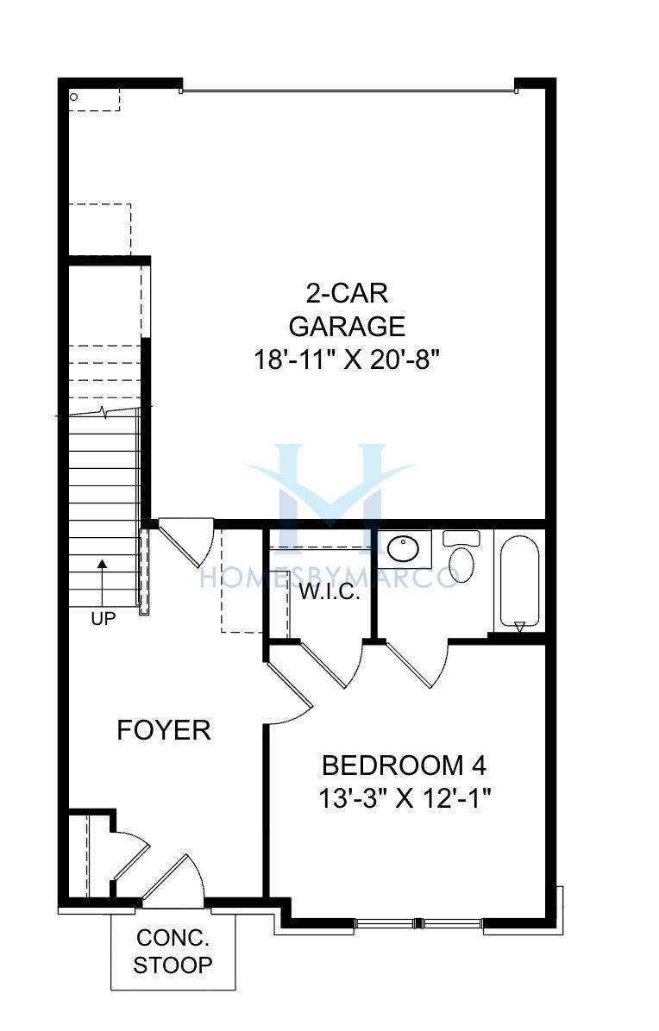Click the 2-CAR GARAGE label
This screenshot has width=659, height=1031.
347,309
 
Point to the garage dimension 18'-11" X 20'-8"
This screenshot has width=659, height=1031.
347,359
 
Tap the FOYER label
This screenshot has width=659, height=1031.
164,730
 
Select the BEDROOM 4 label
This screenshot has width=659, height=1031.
405,765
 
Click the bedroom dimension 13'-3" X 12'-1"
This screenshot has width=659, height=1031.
405,799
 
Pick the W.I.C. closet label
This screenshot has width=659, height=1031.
329,592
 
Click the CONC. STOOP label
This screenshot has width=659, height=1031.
173,951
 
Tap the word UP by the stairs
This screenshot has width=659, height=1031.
104,619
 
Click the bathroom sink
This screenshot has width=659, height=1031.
403,548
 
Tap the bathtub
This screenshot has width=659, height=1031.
519,581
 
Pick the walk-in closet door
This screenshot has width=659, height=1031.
333,663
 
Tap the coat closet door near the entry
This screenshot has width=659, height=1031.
131,855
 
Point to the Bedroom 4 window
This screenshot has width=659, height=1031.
419,922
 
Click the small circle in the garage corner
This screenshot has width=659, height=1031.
73,97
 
